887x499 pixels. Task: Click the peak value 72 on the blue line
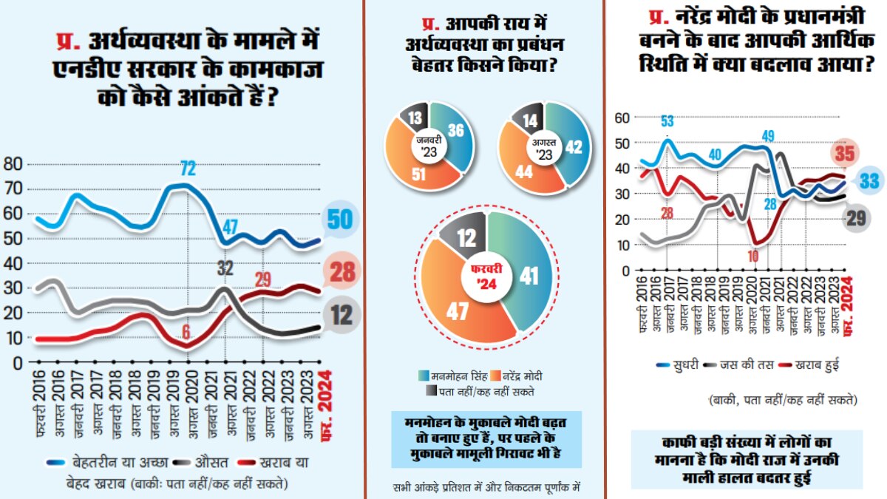[188, 168]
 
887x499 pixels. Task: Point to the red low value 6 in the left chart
[187, 331]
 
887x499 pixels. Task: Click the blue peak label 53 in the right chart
[667, 121]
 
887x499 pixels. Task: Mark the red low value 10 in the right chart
[753, 256]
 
